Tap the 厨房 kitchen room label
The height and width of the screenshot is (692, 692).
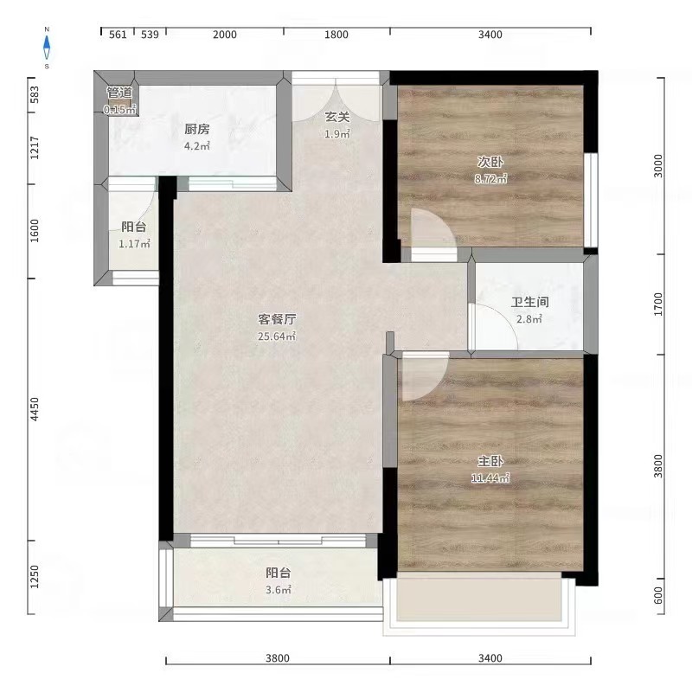click(x=197, y=129)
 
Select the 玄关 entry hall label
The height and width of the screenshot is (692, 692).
click(x=337, y=117)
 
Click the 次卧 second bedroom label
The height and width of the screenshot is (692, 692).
click(x=490, y=162)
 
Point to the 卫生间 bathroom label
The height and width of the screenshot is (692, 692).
click(x=530, y=302)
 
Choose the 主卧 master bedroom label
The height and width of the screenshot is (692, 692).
click(x=490, y=461)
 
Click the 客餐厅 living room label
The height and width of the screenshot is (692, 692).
click(x=277, y=319)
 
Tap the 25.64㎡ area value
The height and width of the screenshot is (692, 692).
click(x=277, y=336)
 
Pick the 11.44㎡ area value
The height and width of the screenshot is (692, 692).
click(x=490, y=478)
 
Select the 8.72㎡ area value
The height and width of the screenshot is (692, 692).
click(x=490, y=179)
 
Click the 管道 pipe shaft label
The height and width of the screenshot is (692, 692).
click(x=119, y=93)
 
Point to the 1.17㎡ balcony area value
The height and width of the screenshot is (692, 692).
click(x=135, y=244)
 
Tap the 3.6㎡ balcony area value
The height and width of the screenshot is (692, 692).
click(x=279, y=590)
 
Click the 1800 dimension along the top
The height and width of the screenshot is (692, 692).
click(x=336, y=35)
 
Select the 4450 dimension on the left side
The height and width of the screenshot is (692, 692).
click(x=35, y=409)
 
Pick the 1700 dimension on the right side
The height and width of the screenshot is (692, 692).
click(x=658, y=304)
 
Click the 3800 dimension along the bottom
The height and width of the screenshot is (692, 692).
click(x=278, y=658)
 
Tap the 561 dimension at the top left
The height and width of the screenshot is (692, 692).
click(x=118, y=35)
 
